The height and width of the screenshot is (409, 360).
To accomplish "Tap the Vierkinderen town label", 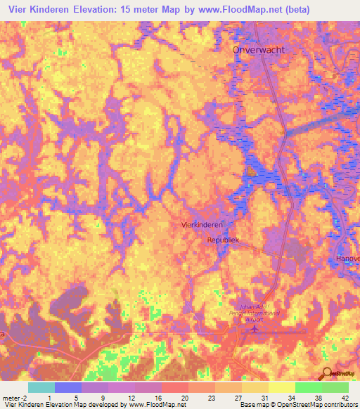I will click(208, 224).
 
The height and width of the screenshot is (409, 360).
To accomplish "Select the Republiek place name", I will click(223, 240).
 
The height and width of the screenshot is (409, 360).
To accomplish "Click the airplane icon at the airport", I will click(253, 330).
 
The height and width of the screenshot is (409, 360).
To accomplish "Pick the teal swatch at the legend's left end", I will click(41, 387).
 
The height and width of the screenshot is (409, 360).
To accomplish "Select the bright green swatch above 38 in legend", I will click(308, 387).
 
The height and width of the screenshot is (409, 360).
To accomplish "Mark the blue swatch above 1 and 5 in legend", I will click(67, 387).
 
